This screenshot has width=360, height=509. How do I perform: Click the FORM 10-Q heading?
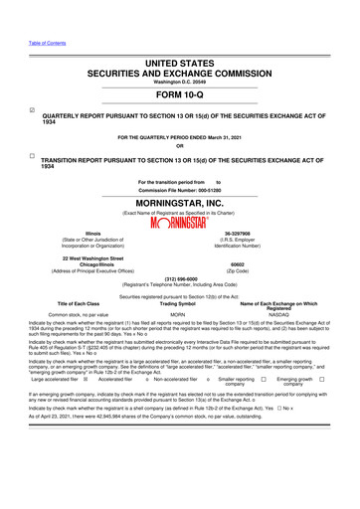[179, 95]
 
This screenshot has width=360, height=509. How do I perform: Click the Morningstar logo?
[179, 223]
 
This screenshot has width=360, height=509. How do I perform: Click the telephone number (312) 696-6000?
[179, 278]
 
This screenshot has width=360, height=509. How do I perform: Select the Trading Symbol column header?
[179, 302]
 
